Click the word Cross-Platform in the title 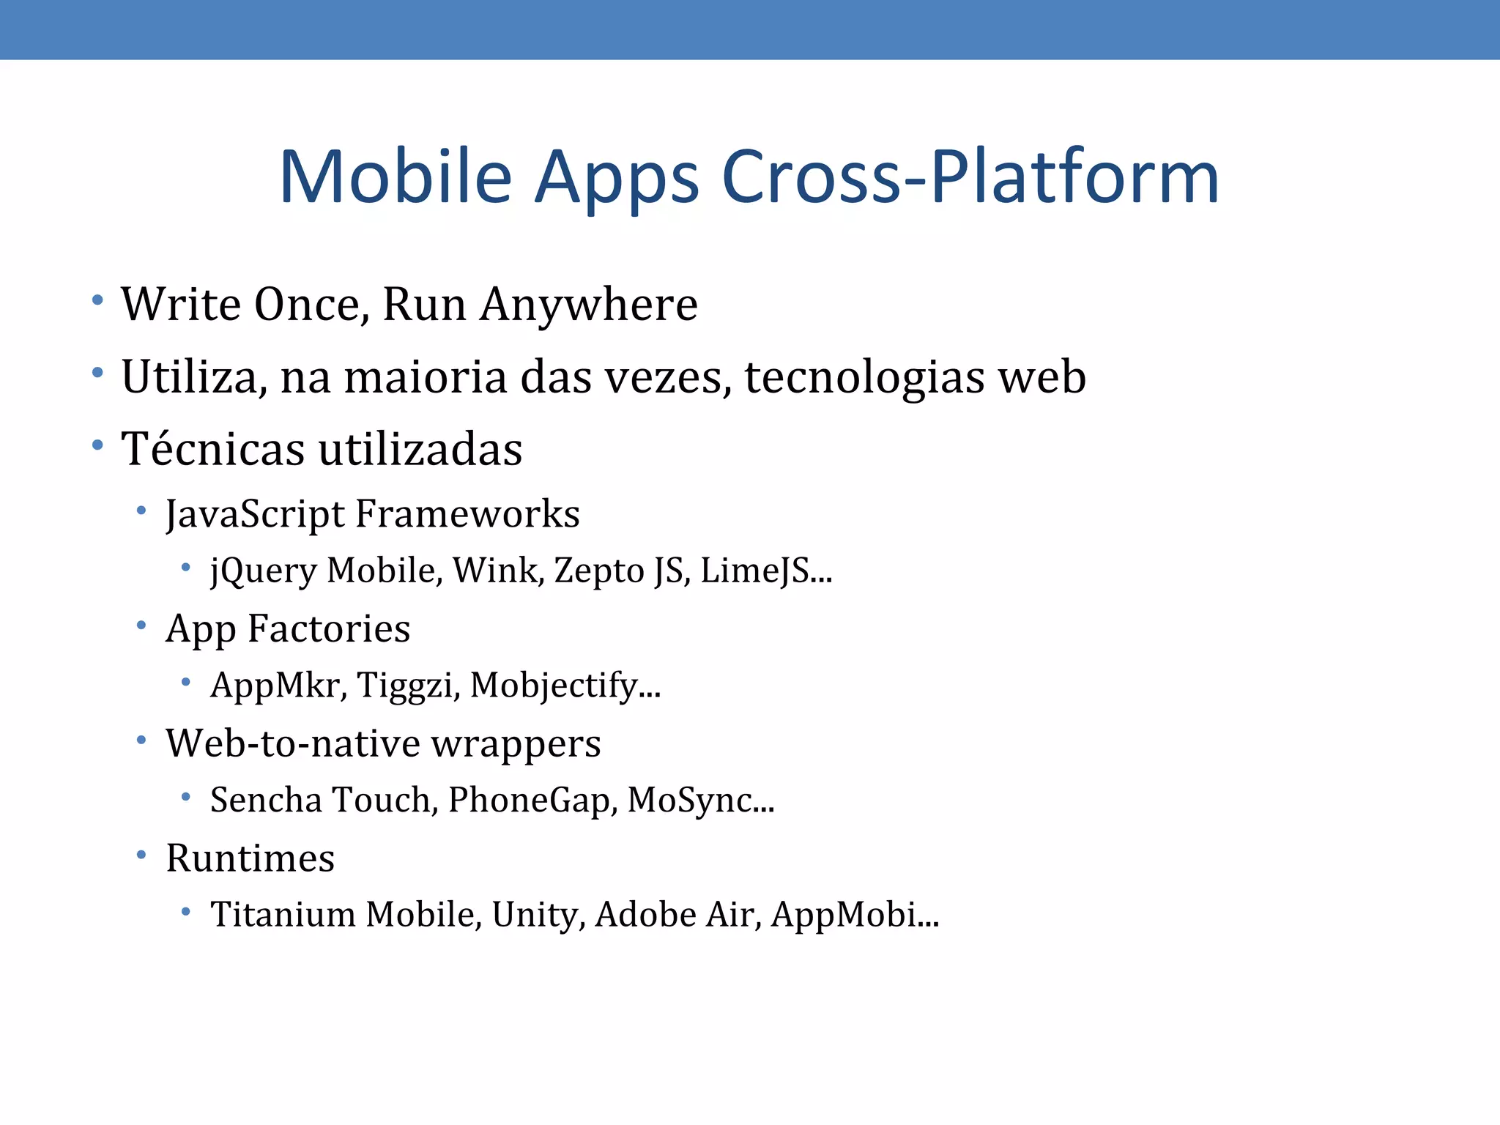tap(970, 177)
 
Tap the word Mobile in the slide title tap(396, 177)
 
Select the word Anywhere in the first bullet tap(589, 305)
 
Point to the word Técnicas tap(212, 449)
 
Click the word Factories tap(329, 629)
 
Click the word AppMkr tap(278, 686)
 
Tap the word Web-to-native tap(292, 743)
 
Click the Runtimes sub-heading tap(250, 858)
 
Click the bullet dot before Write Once tap(97, 300)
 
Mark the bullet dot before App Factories tap(141, 625)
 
